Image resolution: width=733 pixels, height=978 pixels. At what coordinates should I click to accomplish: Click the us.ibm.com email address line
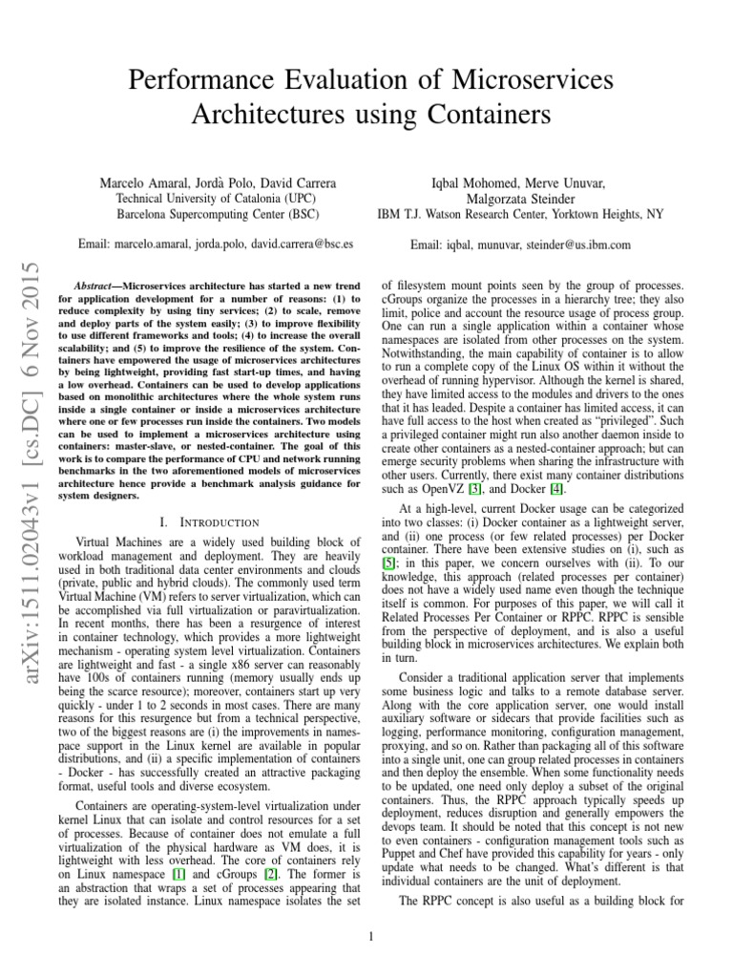click(x=520, y=244)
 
